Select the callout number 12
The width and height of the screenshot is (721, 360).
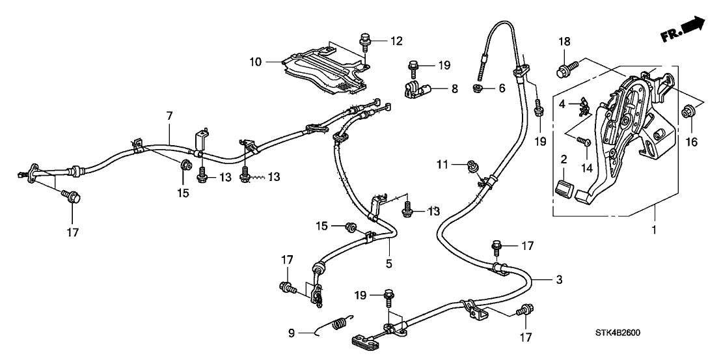click(396, 41)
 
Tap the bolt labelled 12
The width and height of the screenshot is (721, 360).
click(364, 43)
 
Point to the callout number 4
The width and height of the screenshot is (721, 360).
click(562, 104)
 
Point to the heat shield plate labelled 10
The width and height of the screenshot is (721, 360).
click(325, 72)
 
